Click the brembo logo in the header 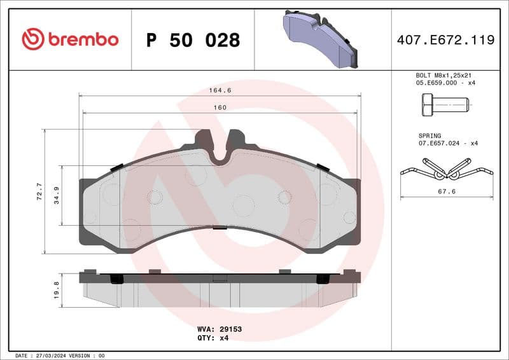point(70,39)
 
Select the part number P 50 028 point(193,40)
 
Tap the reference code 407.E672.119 point(445,40)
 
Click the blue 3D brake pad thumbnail point(322,39)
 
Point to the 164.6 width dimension point(220,90)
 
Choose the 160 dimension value point(220,107)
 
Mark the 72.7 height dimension point(39,191)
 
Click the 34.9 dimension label point(56,195)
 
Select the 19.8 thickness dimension point(57,289)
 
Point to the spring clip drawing point(447,168)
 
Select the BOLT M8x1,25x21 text point(445,75)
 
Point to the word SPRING point(429,135)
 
